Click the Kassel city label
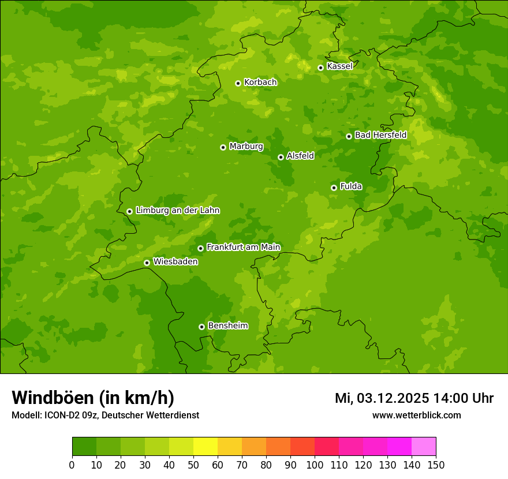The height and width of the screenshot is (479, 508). pyautogui.click(x=339, y=66)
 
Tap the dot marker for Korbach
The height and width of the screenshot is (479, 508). pyautogui.click(x=238, y=83)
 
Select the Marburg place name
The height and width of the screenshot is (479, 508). pyautogui.click(x=246, y=147)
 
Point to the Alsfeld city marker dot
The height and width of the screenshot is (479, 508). pyautogui.click(x=281, y=157)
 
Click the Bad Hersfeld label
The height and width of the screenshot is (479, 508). pyautogui.click(x=380, y=135)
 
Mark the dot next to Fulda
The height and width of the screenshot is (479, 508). pyautogui.click(x=334, y=188)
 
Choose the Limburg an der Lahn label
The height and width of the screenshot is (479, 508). pyautogui.click(x=178, y=211)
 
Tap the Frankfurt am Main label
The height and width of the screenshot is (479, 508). pyautogui.click(x=243, y=247)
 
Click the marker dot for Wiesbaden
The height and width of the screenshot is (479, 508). pyautogui.click(x=147, y=263)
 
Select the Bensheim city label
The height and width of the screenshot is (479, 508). pyautogui.click(x=227, y=325)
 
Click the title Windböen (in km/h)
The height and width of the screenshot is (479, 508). pyautogui.click(x=93, y=398)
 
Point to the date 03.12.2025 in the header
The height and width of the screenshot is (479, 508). pyautogui.click(x=393, y=398)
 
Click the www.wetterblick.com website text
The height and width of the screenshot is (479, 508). pyautogui.click(x=416, y=416)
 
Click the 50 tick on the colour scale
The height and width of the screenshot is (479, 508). pyautogui.click(x=193, y=465)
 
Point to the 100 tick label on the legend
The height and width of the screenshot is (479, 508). pyautogui.click(x=315, y=465)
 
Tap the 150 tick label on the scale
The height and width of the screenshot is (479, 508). pyautogui.click(x=436, y=465)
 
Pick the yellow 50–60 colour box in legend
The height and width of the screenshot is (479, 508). pyautogui.click(x=206, y=447)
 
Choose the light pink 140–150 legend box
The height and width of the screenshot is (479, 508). pyautogui.click(x=424, y=447)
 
